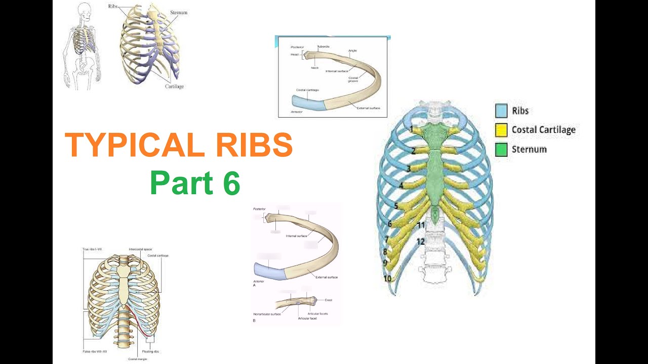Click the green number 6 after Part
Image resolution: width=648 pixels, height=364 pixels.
pyautogui.click(x=230, y=183)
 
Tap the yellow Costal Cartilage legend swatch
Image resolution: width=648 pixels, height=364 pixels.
pyautogui.click(x=501, y=130)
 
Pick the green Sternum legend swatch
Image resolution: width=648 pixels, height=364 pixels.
pyautogui.click(x=501, y=150)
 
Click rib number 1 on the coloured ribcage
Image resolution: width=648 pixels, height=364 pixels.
pyautogui.click(x=412, y=129)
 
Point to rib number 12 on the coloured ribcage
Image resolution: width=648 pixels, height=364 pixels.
pyautogui.click(x=420, y=242)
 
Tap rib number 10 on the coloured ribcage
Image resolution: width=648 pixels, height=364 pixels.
pyautogui.click(x=387, y=279)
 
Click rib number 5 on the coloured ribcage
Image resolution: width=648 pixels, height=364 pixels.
pyautogui.click(x=396, y=206)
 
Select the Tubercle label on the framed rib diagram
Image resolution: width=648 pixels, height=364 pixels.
pyautogui.click(x=323, y=47)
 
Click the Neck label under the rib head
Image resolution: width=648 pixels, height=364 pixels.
pyautogui.click(x=314, y=68)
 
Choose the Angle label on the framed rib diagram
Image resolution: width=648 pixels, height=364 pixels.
pyautogui.click(x=353, y=51)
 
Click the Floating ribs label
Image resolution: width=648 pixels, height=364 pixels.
pyautogui.click(x=151, y=351)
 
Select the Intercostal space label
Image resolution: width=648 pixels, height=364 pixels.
pyautogui.click(x=140, y=249)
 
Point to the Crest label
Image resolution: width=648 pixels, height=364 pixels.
pyautogui.click(x=328, y=300)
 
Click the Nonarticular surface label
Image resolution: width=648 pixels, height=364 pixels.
pyautogui.click(x=267, y=314)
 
